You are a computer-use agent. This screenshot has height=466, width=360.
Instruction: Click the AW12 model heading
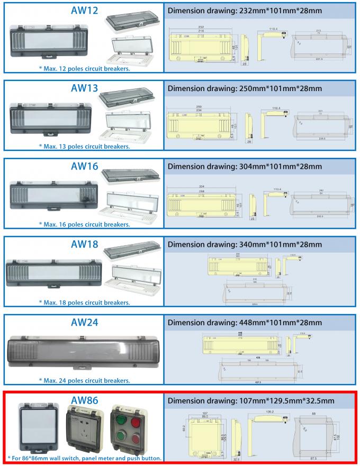click(x=85, y=11)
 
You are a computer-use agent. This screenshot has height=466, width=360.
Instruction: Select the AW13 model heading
click(x=85, y=88)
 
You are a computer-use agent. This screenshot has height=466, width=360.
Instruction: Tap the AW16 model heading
click(x=85, y=166)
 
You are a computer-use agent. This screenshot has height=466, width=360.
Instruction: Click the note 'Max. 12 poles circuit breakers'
click(x=85, y=68)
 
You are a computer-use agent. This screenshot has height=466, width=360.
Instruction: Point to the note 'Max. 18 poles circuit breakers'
click(x=85, y=302)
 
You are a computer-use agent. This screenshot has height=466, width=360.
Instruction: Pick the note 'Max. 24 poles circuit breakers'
click(x=85, y=380)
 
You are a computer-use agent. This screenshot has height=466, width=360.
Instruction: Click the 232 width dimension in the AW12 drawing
click(x=187, y=26)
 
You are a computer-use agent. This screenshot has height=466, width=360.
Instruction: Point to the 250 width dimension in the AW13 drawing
click(x=184, y=107)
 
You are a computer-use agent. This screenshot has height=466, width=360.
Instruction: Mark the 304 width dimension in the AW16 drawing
click(x=187, y=186)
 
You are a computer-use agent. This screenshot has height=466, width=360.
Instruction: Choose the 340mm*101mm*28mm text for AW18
click(x=280, y=244)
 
